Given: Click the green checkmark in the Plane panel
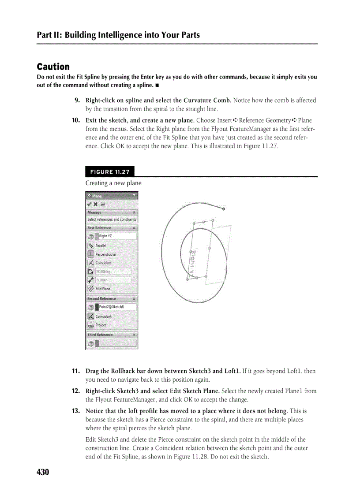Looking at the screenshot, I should [x=90, y=204].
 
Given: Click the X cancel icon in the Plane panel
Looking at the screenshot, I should [x=96, y=204].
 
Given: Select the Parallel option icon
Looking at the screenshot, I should [x=91, y=246].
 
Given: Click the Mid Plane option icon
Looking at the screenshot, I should [x=91, y=289].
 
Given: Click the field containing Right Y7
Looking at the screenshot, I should [x=116, y=236].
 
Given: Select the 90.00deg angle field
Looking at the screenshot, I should [x=113, y=272].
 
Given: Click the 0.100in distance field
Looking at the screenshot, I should [x=113, y=280].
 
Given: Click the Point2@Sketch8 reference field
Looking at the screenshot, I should [x=116, y=307].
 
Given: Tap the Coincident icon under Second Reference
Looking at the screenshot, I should [x=91, y=316].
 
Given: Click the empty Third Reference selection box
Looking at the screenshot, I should [x=116, y=343].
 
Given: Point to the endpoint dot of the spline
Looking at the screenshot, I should [x=224, y=208].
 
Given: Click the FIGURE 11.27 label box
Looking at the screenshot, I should [x=110, y=172].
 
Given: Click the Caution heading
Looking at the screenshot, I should [x=53, y=67].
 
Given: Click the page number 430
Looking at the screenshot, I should [x=43, y=472].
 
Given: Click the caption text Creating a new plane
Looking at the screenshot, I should [x=113, y=183].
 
